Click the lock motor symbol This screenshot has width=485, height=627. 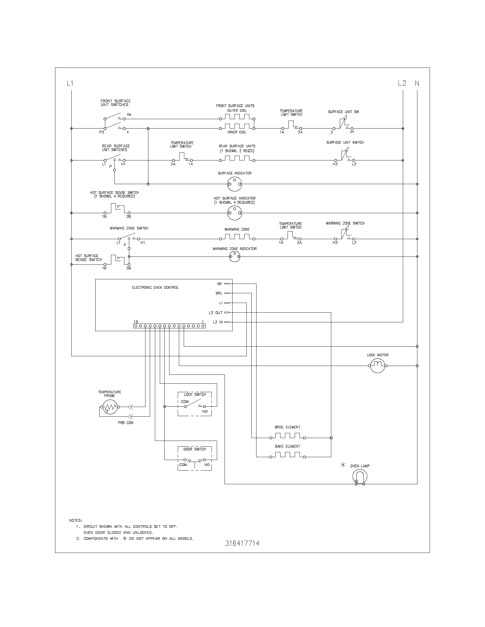point(377,366)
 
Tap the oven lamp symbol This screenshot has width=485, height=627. point(360,477)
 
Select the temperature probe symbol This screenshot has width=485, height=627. point(109,407)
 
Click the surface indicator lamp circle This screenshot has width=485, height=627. point(235,184)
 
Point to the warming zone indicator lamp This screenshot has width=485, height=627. point(235,256)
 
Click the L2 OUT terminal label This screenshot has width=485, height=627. point(216,313)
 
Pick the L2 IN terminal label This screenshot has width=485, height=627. point(218,322)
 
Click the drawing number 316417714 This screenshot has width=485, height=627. point(242,543)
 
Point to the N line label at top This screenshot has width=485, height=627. point(417,84)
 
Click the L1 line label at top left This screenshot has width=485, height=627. point(70,84)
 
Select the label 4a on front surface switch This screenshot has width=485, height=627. point(129,115)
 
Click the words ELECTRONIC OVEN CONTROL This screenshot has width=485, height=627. point(155,287)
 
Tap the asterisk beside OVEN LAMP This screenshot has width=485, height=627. point(343,465)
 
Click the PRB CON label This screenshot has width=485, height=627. point(126,423)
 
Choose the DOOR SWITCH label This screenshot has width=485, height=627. point(195,449)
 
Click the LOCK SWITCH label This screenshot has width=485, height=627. point(195,394)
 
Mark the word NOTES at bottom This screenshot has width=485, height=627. point(76,520)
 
